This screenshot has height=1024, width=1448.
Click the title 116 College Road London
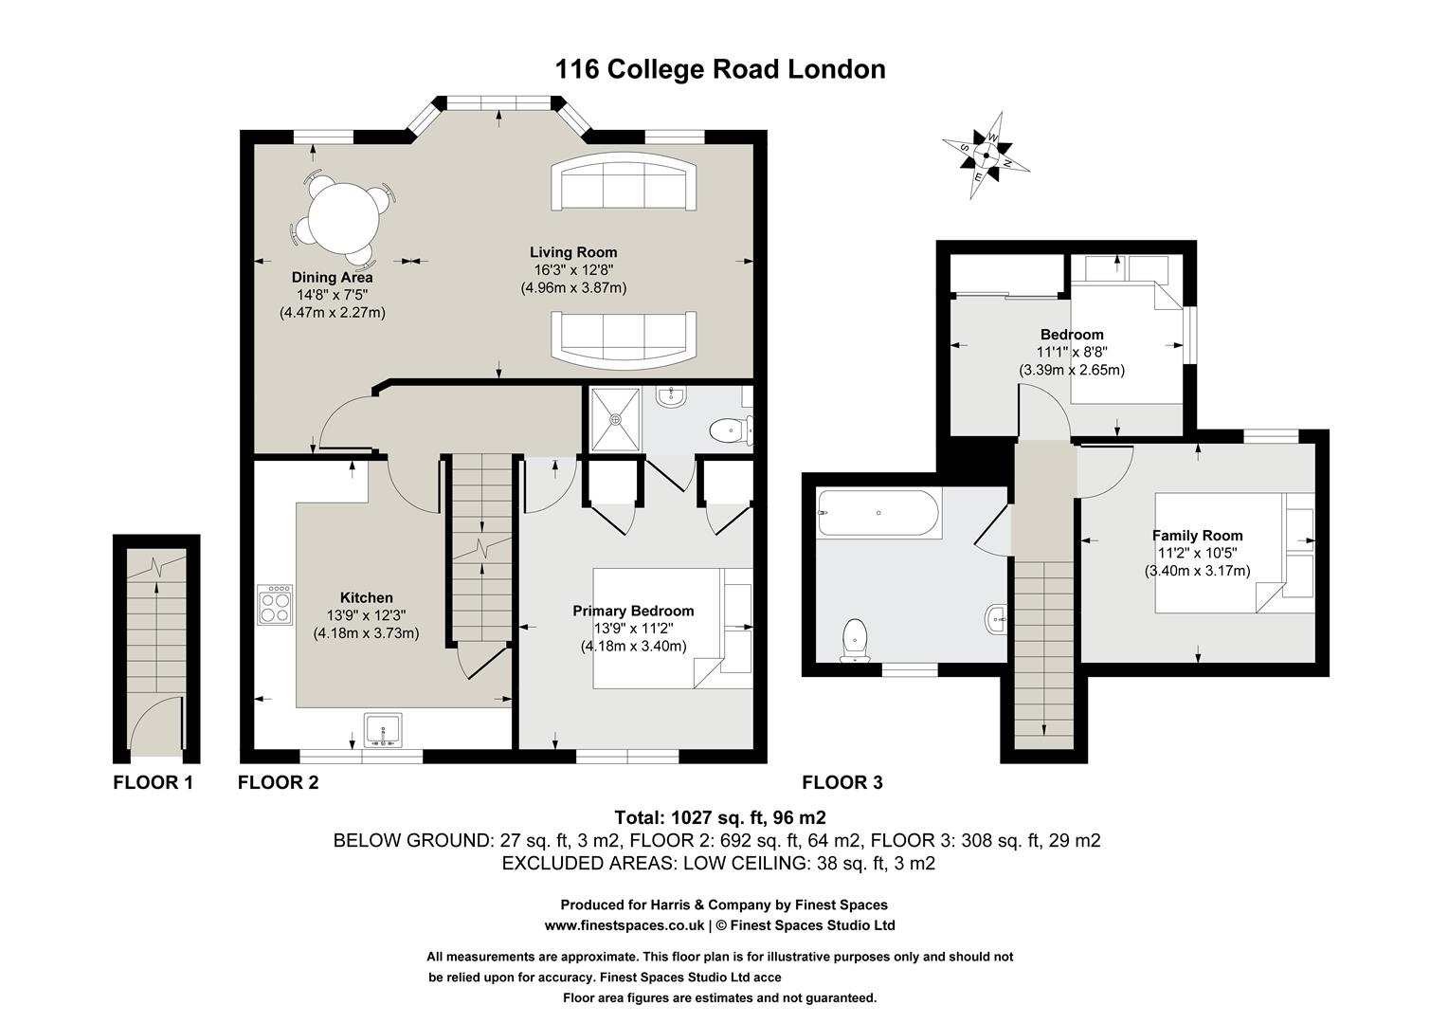point(720,69)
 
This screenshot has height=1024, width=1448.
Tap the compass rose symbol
point(986,156)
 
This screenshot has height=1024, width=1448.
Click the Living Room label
point(573,252)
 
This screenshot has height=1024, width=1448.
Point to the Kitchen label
point(367,597)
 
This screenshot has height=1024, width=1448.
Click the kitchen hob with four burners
point(276,605)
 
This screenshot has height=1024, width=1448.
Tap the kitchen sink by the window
point(384,729)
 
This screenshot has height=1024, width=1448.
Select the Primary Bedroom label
point(633,612)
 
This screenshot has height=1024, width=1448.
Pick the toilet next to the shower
point(727,431)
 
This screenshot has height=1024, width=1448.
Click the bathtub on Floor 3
point(878,514)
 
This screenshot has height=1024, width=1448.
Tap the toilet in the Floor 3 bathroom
point(855,640)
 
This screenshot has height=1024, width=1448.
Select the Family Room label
point(1197,536)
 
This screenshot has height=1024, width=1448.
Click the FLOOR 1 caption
point(153,782)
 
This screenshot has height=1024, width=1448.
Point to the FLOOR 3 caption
point(842,782)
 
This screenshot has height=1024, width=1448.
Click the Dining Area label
point(332,278)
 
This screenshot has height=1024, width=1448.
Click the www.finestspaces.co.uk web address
point(624,925)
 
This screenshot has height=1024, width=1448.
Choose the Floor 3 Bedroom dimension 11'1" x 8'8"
point(1072,352)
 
